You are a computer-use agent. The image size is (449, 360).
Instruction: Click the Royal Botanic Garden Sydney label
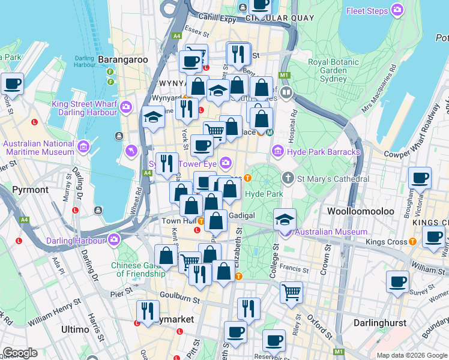(x=328, y=70)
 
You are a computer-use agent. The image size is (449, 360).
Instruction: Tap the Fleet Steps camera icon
(x=397, y=10)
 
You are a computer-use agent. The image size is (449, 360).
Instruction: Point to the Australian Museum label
(x=330, y=232)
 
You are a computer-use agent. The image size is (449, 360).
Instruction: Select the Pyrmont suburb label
(x=30, y=190)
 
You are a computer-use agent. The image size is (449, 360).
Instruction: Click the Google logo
(x=20, y=353)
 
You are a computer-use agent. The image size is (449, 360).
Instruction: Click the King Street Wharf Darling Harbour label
(x=84, y=108)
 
